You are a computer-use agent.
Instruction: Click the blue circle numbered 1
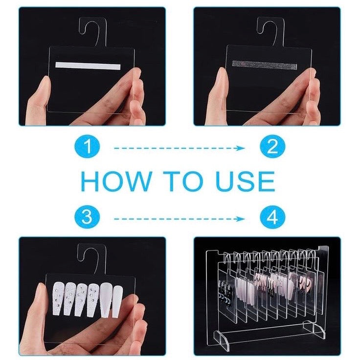[87, 147]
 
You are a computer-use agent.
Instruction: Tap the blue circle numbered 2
[272, 146]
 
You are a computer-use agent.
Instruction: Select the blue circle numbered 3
[87, 217]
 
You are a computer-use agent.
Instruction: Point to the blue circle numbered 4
[272, 217]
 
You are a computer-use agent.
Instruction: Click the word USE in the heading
[245, 181]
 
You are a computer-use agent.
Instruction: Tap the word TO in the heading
[184, 181]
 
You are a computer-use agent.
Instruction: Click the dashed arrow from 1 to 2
[180, 148]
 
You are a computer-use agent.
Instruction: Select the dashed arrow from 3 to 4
[180, 219]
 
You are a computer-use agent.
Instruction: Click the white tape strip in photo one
[88, 66]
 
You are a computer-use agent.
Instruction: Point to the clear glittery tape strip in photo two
[265, 65]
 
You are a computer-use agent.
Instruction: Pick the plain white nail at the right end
[117, 301]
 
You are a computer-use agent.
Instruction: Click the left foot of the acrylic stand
[221, 338]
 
